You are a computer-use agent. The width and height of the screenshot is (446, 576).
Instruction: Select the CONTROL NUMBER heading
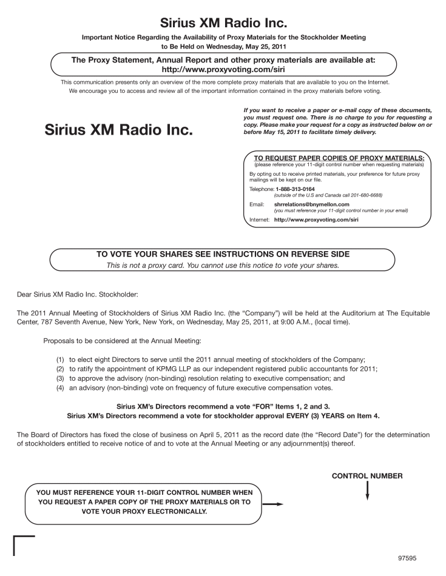tap(367, 476)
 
